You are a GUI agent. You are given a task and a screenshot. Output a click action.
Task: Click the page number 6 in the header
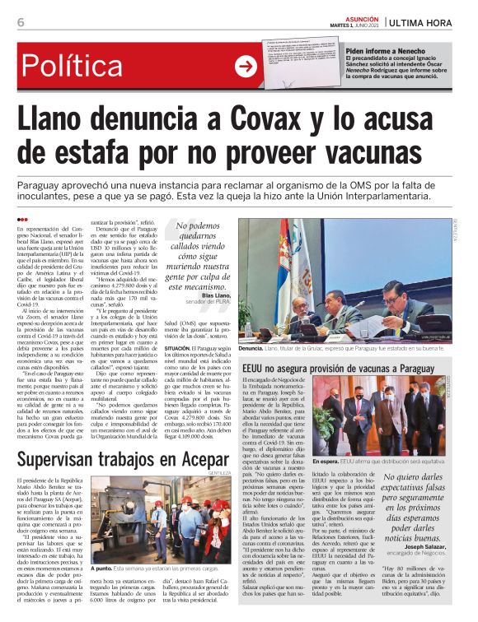click(20, 22)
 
